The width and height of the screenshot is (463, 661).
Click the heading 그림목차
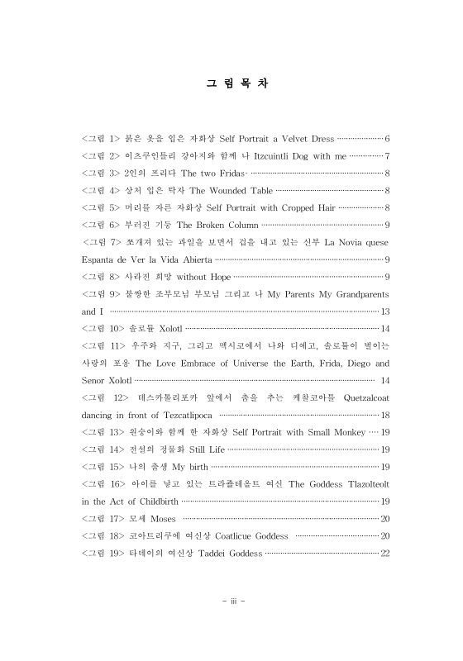click(231, 83)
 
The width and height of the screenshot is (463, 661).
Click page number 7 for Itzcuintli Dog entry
click(386, 155)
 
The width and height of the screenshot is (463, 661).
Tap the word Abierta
click(200, 259)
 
